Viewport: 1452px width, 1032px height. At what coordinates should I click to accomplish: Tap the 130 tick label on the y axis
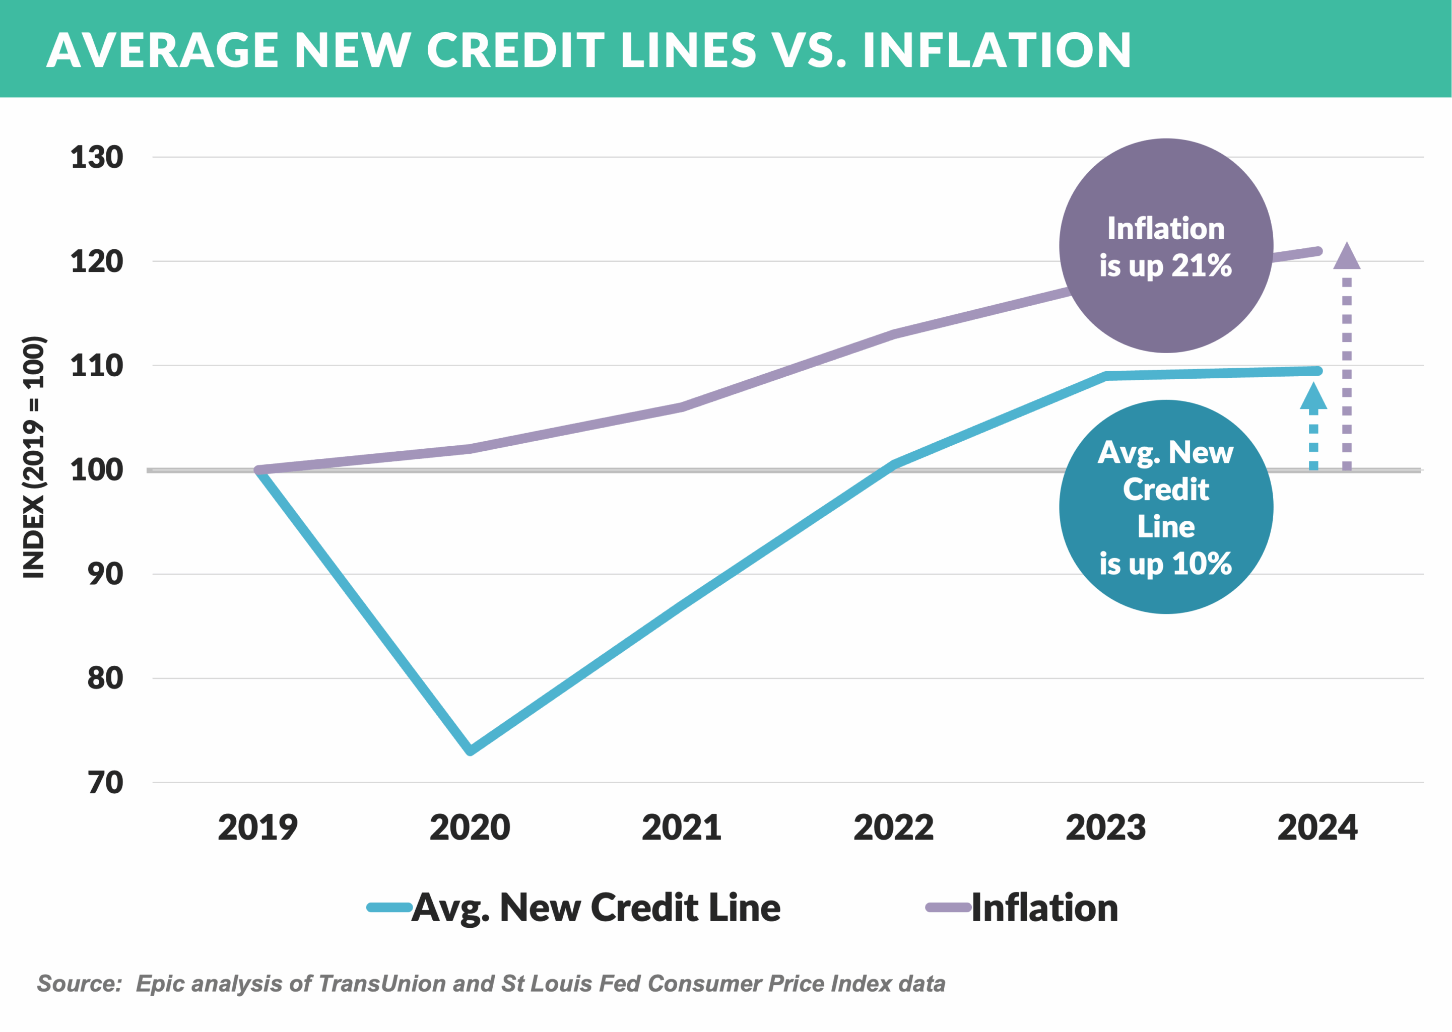tap(97, 157)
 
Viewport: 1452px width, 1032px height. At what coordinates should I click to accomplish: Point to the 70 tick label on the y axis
tap(105, 782)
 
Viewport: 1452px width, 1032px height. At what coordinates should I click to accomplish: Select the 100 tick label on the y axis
tap(97, 470)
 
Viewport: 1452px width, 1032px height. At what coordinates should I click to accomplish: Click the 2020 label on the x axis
tap(469, 828)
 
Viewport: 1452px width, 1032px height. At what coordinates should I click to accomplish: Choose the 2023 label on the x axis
tap(1105, 828)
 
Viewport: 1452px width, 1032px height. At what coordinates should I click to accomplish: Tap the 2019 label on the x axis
tap(257, 828)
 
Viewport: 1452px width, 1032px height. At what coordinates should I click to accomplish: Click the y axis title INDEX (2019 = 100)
tap(34, 457)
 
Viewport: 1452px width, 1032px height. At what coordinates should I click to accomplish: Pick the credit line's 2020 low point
tap(470, 750)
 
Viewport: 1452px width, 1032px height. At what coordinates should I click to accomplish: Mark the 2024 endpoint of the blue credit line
tap(1318, 371)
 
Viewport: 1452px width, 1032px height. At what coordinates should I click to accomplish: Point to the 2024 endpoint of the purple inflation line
tap(1318, 251)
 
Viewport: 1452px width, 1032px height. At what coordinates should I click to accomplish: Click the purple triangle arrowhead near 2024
tap(1347, 256)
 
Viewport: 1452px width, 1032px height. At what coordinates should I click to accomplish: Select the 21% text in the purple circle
tap(1201, 265)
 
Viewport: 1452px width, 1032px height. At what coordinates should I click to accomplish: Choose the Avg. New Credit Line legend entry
tap(595, 908)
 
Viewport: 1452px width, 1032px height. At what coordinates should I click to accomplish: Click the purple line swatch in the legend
tap(947, 908)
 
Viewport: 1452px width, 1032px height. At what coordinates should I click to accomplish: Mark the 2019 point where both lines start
tap(259, 470)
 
